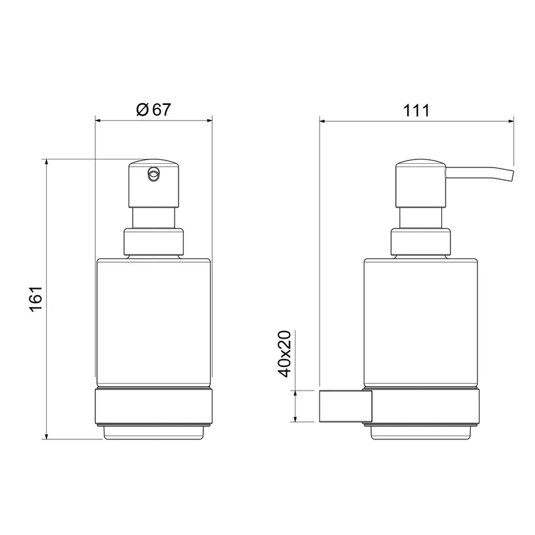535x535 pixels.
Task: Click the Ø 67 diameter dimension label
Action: pyautogui.click(x=153, y=110)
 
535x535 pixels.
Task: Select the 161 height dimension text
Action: pyautogui.click(x=36, y=298)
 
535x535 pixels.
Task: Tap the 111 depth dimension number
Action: pyautogui.click(x=416, y=110)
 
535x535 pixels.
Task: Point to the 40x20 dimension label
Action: pyautogui.click(x=285, y=354)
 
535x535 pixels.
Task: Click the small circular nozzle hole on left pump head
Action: pyautogui.click(x=153, y=174)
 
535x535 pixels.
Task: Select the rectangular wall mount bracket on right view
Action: pyautogui.click(x=345, y=407)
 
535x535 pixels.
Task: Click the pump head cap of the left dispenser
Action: pyautogui.click(x=154, y=183)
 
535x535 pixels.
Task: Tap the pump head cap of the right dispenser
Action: pyautogui.click(x=421, y=183)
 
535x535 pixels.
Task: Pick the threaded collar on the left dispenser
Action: pyautogui.click(x=154, y=242)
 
